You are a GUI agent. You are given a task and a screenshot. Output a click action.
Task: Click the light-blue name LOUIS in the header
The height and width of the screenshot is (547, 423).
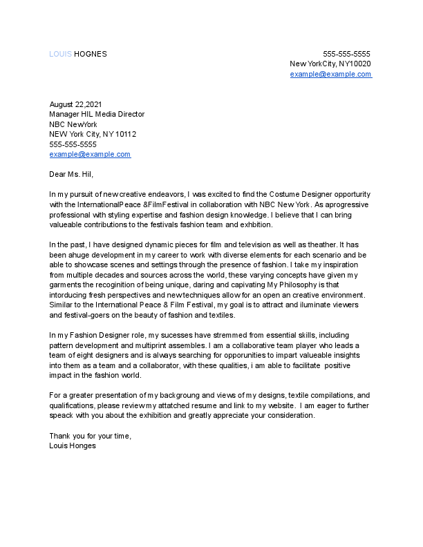[x=60, y=54]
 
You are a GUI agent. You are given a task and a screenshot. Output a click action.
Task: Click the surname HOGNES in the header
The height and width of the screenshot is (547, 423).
[x=91, y=54]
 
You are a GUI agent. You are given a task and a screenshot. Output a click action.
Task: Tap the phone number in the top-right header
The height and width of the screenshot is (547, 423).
[x=347, y=54]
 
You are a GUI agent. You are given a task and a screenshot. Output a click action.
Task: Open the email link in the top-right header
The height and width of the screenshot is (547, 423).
[x=330, y=74]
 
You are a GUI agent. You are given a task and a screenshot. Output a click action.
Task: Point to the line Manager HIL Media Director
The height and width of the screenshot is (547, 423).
[x=97, y=115]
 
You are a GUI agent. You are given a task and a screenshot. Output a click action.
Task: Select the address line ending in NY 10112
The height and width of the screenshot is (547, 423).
[x=93, y=134]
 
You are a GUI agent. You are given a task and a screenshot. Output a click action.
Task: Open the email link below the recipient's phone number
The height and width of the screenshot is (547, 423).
[x=90, y=154]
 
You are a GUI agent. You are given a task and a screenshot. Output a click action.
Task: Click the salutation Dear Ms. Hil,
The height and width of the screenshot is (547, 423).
[x=70, y=174]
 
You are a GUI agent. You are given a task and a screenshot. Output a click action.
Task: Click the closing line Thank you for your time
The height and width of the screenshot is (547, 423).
[x=90, y=436]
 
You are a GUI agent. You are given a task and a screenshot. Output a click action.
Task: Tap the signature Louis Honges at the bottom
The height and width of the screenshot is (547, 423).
[x=73, y=445]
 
